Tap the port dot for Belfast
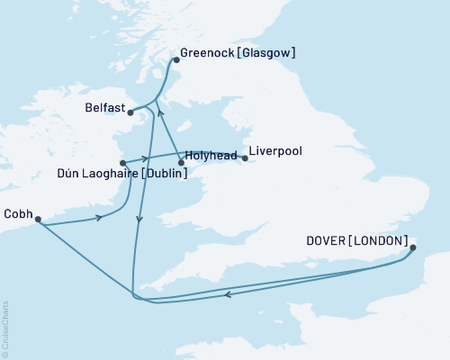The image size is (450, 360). (x=130, y=112)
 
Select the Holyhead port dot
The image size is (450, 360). (x=181, y=163)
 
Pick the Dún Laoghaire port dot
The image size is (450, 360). (x=123, y=163)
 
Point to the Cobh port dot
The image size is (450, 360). (x=37, y=219)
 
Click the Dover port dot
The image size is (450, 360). (x=414, y=248)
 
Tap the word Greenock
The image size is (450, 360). (x=210, y=53)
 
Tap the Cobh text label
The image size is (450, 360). (x=19, y=213)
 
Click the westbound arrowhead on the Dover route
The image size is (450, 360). (x=228, y=293)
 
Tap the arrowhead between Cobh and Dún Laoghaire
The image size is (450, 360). (x=98, y=218)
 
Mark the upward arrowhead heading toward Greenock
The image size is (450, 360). (x=158, y=112)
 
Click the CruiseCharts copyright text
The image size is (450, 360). (x=5, y=328)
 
